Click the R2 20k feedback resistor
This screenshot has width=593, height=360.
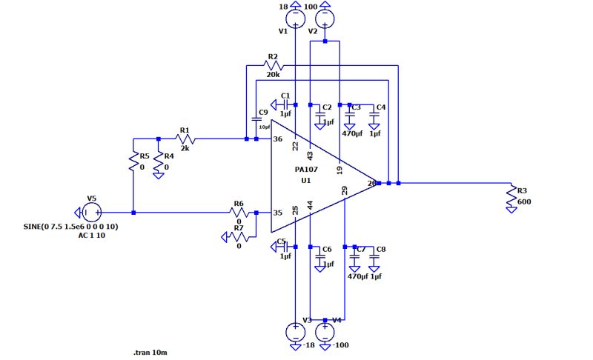click(272, 65)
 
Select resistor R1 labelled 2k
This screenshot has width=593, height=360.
click(185, 139)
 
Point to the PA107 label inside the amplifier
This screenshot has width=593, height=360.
click(305, 170)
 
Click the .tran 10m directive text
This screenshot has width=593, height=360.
click(150, 353)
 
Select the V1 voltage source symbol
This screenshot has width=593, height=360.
click(295, 16)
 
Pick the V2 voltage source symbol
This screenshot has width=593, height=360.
click(325, 16)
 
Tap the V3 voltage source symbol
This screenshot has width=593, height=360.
click(295, 331)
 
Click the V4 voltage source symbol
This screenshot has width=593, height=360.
click(325, 331)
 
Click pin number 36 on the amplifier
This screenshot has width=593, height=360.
click(278, 139)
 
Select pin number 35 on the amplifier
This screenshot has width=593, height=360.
click(278, 213)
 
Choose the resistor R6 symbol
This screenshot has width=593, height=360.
click(239, 213)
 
